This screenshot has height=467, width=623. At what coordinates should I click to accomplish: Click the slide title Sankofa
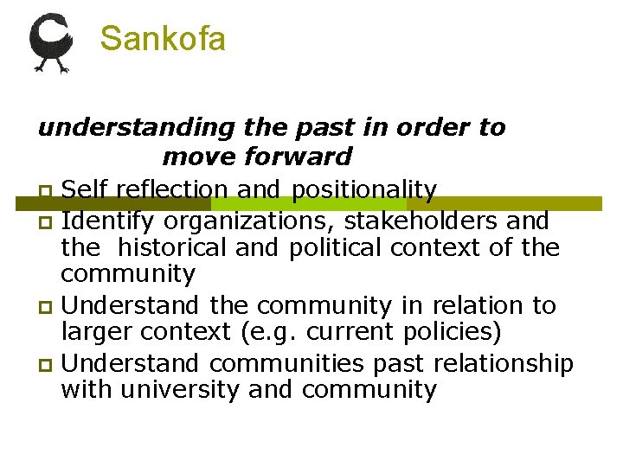tap(163, 39)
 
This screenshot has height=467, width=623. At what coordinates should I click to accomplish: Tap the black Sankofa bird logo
tap(51, 41)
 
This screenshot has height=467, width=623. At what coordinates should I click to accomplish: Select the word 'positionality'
tap(364, 189)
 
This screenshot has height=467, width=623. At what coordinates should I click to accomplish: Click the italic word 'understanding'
tap(136, 128)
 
